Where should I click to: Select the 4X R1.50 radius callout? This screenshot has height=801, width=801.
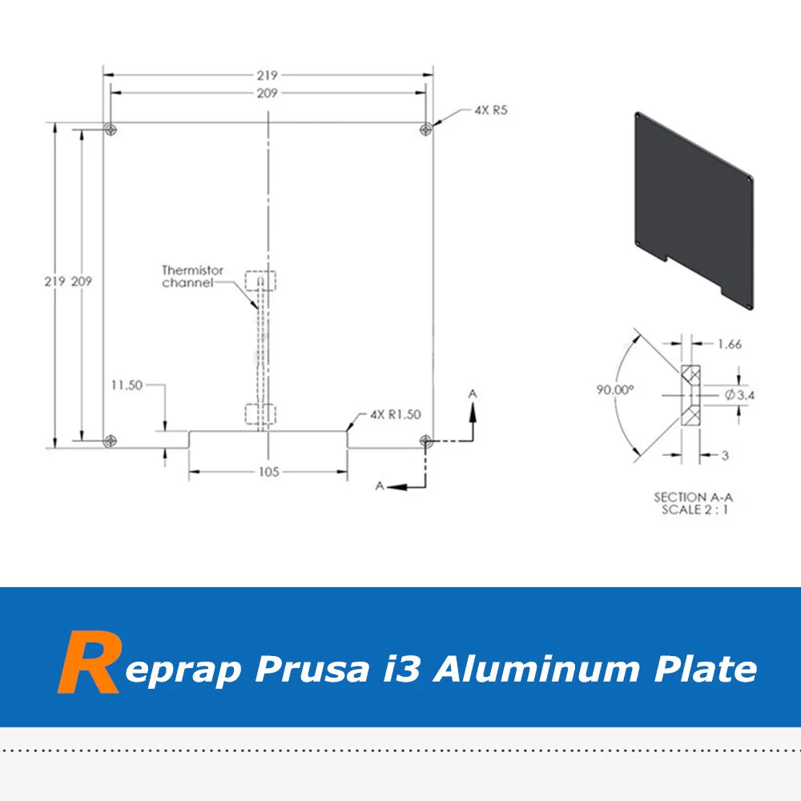pyautogui.click(x=395, y=414)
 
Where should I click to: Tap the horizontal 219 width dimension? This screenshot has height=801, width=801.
pyautogui.click(x=268, y=75)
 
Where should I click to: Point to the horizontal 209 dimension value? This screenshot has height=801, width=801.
pyautogui.click(x=268, y=94)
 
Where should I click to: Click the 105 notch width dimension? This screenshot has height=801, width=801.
pyautogui.click(x=269, y=472)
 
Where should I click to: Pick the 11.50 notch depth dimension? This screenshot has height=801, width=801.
pyautogui.click(x=127, y=385)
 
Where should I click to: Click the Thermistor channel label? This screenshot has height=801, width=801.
pyautogui.click(x=192, y=276)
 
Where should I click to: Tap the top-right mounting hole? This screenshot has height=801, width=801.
pyautogui.click(x=426, y=128)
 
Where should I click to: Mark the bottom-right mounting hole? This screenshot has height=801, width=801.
pyautogui.click(x=426, y=440)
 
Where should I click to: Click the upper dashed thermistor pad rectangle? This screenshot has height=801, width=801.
pyautogui.click(x=260, y=282)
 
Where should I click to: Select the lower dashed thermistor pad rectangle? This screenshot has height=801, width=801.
pyautogui.click(x=260, y=414)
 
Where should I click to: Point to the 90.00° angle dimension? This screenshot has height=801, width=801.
pyautogui.click(x=614, y=389)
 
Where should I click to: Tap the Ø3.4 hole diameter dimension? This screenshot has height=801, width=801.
pyautogui.click(x=741, y=394)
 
